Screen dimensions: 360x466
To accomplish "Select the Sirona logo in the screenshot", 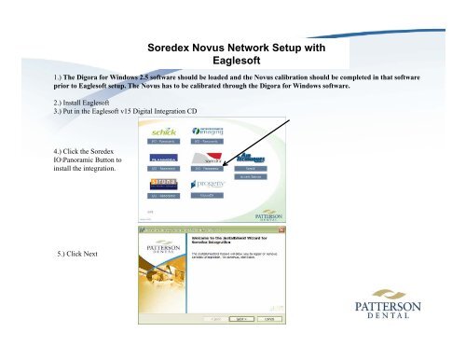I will (x=164, y=183).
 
